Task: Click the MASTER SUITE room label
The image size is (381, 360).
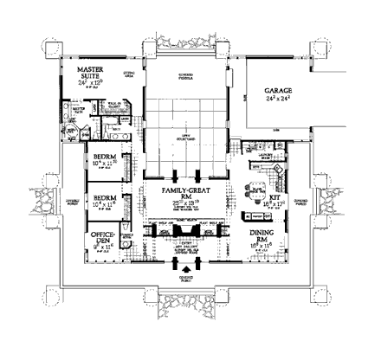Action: [x=90, y=72]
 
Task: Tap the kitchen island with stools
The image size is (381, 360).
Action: [x=258, y=197]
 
